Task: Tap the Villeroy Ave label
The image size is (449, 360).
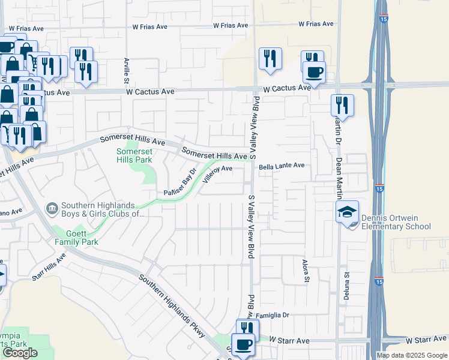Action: point(217,173)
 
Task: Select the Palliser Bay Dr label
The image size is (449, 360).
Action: point(181,184)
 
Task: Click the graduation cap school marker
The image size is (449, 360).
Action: point(347,212)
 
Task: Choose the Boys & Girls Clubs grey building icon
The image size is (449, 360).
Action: point(52,208)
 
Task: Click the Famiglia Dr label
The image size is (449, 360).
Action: point(273,314)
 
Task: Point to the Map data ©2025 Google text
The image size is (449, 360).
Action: point(411,355)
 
